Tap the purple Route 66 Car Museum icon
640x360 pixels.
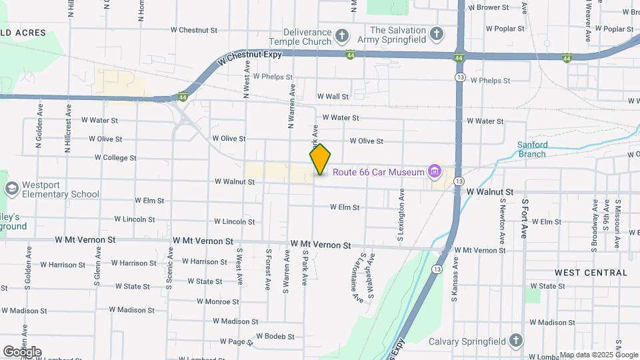click(435, 172)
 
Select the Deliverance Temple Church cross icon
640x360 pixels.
click(341, 35)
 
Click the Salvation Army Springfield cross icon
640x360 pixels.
click(436, 33)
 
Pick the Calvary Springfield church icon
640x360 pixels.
click(515, 341)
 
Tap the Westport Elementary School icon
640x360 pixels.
click(11, 189)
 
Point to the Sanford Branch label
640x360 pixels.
click(532, 149)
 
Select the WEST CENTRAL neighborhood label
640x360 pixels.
click(591, 273)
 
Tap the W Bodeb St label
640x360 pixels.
click(275, 336)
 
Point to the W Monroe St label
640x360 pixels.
click(217, 301)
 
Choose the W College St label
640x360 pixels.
click(115, 158)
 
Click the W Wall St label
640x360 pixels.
click(333, 97)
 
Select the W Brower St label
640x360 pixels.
click(488, 8)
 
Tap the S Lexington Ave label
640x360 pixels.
click(401, 214)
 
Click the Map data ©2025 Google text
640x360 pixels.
click(599, 355)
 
